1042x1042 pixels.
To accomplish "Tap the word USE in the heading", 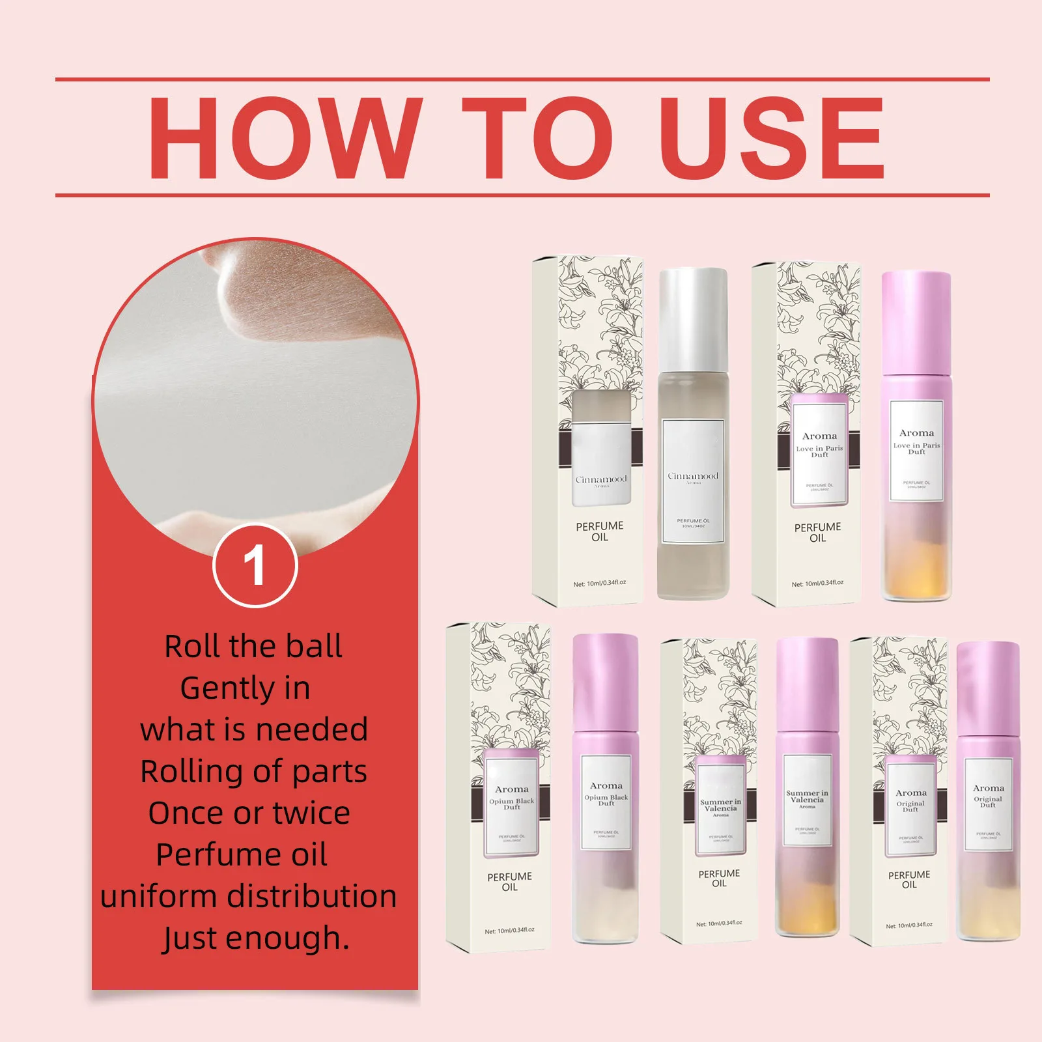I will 774,138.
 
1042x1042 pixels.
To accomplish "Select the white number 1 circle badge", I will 255,565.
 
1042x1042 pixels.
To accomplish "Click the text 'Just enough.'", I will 255,938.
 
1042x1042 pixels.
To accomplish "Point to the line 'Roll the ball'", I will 253,647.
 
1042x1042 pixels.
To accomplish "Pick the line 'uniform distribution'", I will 249,896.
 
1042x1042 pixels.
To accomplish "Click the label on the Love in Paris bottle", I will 916,451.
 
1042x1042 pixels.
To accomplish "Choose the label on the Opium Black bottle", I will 606,802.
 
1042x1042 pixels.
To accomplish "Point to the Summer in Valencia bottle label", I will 807,800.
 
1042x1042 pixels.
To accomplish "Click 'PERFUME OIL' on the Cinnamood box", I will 600,531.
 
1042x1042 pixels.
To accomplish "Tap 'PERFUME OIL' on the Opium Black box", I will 509,882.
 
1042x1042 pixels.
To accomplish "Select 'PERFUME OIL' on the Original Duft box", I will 909,879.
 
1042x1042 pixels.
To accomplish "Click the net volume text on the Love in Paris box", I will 817,584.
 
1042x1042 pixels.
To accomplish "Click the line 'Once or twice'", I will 249,813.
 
